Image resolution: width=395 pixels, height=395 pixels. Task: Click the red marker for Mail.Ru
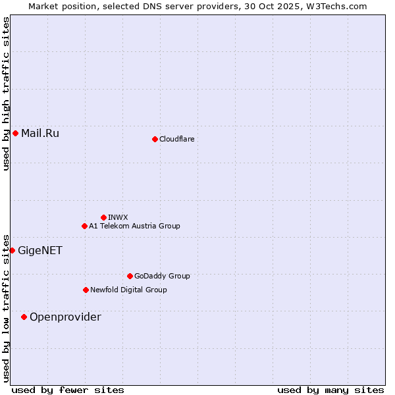click(15, 133)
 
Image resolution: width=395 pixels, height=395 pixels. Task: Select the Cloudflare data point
click(155, 139)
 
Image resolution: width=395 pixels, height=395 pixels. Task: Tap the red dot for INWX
click(103, 217)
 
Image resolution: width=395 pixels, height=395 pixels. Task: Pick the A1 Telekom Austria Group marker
click(84, 226)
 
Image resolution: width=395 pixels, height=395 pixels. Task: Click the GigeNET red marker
click(12, 250)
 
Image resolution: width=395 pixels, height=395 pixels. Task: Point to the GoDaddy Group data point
click(130, 276)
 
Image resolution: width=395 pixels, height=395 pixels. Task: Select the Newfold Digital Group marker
click(86, 290)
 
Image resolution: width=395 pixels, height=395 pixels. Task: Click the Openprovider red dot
click(24, 317)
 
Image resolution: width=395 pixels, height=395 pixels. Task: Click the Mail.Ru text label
click(40, 133)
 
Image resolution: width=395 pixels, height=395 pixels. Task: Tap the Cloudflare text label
click(176, 139)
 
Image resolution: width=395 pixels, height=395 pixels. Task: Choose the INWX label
click(118, 217)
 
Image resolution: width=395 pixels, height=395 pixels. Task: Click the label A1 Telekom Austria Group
click(134, 226)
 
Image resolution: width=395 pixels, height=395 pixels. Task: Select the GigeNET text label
click(40, 250)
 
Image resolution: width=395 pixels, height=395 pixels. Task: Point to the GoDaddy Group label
click(162, 276)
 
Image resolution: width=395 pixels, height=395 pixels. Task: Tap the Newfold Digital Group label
click(128, 290)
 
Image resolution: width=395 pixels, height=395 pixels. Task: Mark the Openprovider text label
click(65, 317)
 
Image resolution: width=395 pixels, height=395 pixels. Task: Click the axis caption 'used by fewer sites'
click(68, 390)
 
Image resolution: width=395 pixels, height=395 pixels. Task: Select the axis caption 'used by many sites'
click(330, 390)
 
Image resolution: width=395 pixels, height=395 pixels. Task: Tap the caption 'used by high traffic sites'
click(6, 93)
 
